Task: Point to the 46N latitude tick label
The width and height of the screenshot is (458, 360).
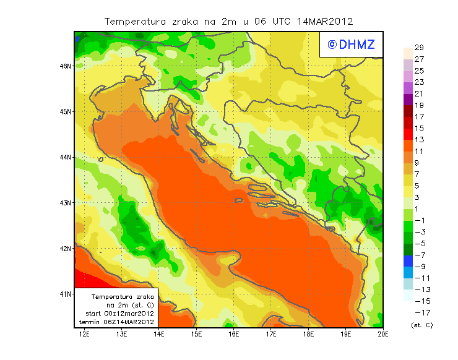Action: [66, 66]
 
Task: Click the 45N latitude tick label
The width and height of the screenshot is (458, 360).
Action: [66, 111]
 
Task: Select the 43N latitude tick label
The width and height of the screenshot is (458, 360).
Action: [66, 202]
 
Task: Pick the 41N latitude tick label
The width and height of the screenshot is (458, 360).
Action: [66, 294]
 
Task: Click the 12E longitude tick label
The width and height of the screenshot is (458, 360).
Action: [85, 334]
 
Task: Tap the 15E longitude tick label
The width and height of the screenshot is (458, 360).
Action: [197, 334]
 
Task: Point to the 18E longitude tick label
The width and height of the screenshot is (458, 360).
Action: [309, 334]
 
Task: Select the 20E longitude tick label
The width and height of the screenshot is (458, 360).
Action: [383, 334]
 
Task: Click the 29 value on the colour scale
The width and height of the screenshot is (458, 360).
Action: [419, 48]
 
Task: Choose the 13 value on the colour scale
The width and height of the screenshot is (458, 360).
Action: [419, 140]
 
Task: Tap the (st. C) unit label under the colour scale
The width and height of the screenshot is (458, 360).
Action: [421, 325]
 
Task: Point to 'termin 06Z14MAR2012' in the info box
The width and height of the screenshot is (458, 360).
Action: [118, 322]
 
